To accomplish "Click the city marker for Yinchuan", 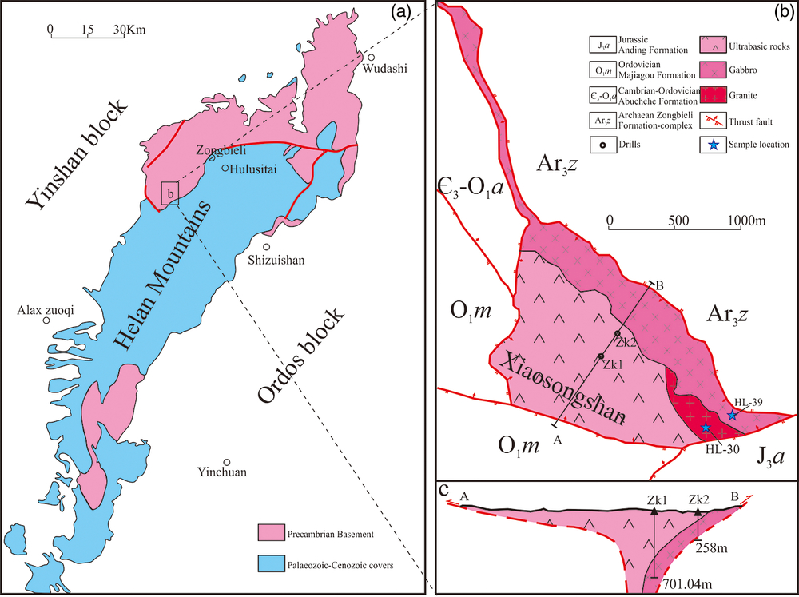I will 227,462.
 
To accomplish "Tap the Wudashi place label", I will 384,69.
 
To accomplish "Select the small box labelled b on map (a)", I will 169,193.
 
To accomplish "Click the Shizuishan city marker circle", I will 268,247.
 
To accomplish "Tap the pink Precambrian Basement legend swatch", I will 271,532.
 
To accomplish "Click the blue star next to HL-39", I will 733,415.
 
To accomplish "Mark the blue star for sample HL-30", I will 705,428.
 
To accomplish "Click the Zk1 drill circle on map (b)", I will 601,356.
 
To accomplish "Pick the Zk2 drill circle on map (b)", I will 617,333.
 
